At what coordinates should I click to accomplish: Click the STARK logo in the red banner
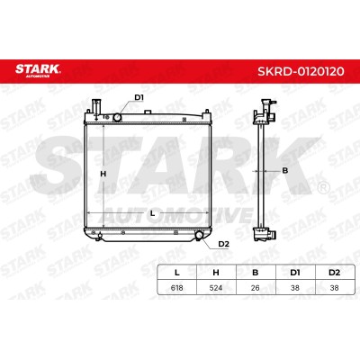(x=38, y=70)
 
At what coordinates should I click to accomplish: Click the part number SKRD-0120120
(x=301, y=71)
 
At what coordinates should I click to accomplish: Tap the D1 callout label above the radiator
(x=139, y=97)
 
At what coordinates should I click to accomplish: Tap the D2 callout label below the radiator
(x=223, y=244)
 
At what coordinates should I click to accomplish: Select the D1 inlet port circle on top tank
(x=117, y=118)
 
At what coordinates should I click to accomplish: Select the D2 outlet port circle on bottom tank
(x=199, y=235)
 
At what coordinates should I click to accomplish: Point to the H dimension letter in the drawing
(x=103, y=174)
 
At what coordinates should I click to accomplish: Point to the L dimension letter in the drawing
(x=152, y=213)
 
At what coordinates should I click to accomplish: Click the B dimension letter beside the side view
(x=285, y=171)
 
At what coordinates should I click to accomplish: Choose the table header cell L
(x=177, y=273)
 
